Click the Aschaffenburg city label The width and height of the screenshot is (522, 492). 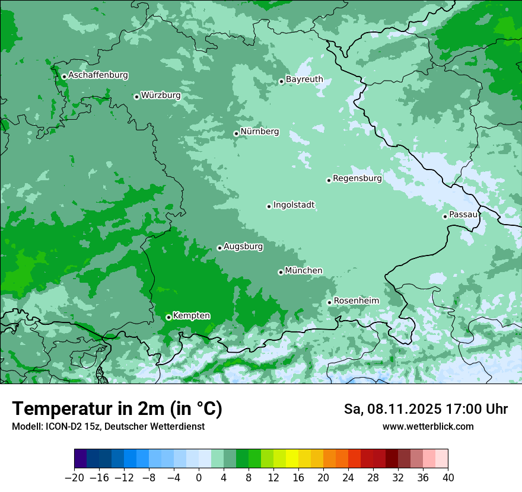98,75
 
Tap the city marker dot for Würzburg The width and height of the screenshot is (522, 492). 136,97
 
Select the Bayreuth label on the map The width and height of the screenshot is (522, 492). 304,79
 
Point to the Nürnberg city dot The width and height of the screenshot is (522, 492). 236,133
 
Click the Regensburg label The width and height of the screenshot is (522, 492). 357,178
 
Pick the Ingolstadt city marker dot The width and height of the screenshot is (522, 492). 269,206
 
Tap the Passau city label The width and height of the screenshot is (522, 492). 463,214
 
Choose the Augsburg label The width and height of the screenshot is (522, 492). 243,246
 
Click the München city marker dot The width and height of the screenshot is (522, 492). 281,272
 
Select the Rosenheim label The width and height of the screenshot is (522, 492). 356,301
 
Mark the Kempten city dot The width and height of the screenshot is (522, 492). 168,317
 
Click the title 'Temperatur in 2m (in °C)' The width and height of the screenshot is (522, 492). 117,409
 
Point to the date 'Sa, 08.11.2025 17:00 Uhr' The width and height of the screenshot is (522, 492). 425,409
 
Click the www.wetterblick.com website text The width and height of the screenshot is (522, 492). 428,426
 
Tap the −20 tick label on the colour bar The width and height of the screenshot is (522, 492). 75,478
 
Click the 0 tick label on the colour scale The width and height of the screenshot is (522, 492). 199,478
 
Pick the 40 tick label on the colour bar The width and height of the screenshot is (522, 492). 448,478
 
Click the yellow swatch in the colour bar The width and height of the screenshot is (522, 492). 292,459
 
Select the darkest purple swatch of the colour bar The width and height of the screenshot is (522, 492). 81,459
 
